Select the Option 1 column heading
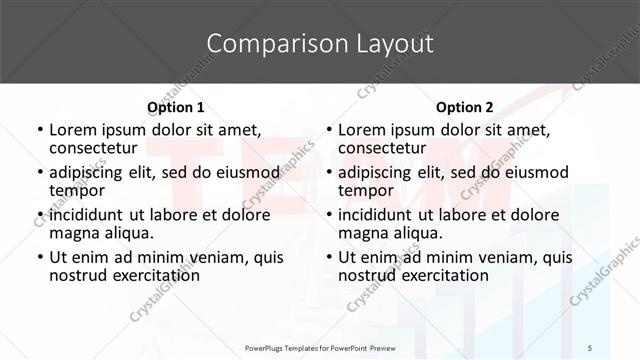176,107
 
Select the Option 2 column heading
465,107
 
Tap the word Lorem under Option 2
363,130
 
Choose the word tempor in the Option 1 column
77,190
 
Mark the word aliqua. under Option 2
419,233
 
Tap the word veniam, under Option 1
219,257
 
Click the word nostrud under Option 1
79,275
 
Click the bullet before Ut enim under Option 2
329,258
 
